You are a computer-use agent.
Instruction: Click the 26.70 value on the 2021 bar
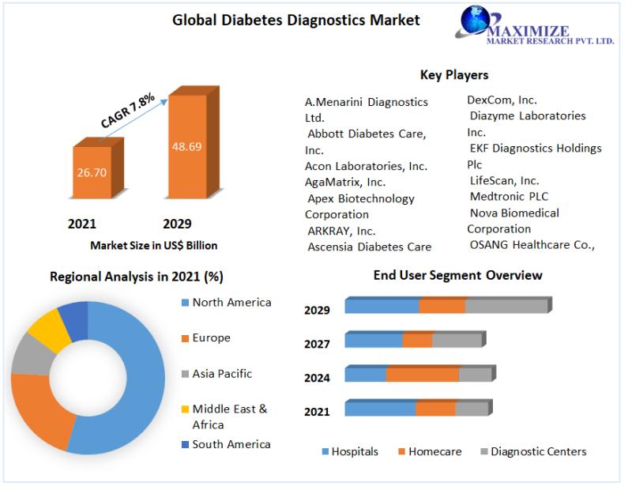(91, 172)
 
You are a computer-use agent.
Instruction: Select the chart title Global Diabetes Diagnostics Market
(296, 20)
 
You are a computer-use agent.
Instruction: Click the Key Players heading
(453, 75)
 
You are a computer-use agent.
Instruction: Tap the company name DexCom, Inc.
(502, 100)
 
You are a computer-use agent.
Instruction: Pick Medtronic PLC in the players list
(509, 196)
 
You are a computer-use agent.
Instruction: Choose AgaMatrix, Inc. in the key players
(345, 182)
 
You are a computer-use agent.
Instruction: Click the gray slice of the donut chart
(29, 354)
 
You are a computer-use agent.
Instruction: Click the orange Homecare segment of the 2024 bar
(423, 374)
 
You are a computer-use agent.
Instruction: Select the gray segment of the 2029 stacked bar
(506, 306)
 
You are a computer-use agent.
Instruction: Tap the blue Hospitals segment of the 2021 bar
(380, 408)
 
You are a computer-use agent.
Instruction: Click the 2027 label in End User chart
(317, 344)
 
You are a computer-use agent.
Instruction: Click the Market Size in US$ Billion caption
(154, 246)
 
